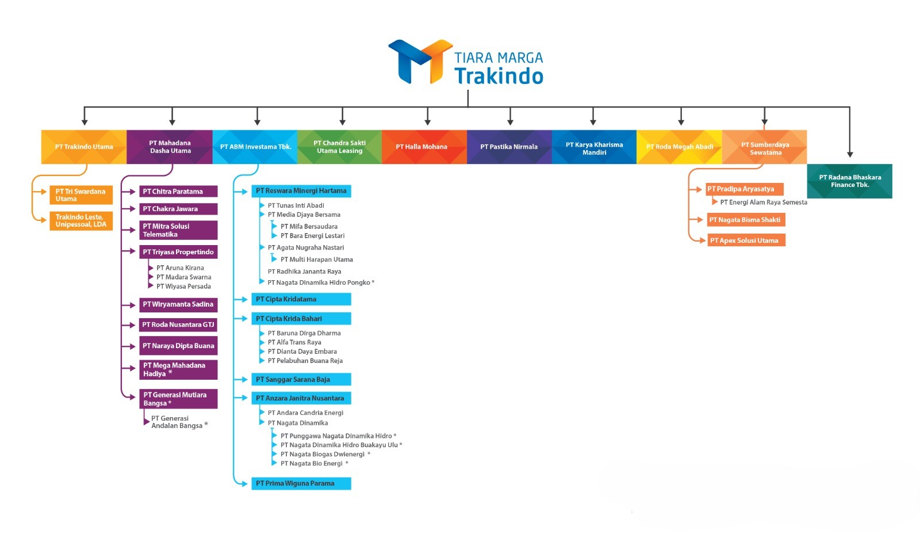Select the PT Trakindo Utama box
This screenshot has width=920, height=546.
(x=84, y=147)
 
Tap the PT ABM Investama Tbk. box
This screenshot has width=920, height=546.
(x=255, y=147)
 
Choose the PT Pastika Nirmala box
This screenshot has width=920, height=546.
(x=509, y=147)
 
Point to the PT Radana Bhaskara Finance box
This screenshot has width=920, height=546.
(x=849, y=181)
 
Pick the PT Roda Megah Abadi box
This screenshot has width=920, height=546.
(x=679, y=147)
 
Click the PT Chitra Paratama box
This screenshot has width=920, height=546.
(x=178, y=192)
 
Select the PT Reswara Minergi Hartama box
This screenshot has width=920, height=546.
(x=301, y=191)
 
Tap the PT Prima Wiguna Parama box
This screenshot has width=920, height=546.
(x=301, y=483)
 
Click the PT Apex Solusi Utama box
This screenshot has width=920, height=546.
(x=745, y=240)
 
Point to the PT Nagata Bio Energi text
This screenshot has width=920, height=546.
(x=312, y=464)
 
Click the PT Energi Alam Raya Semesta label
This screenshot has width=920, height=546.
(x=763, y=203)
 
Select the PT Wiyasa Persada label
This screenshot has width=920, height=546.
(x=183, y=287)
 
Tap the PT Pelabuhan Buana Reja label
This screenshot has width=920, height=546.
(x=305, y=361)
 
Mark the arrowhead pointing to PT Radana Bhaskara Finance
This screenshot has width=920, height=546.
(x=850, y=154)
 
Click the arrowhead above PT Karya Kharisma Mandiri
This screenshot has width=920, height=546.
(x=593, y=122)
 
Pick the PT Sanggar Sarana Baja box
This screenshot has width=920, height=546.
(x=301, y=380)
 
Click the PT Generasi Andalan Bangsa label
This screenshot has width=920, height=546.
(x=177, y=422)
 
